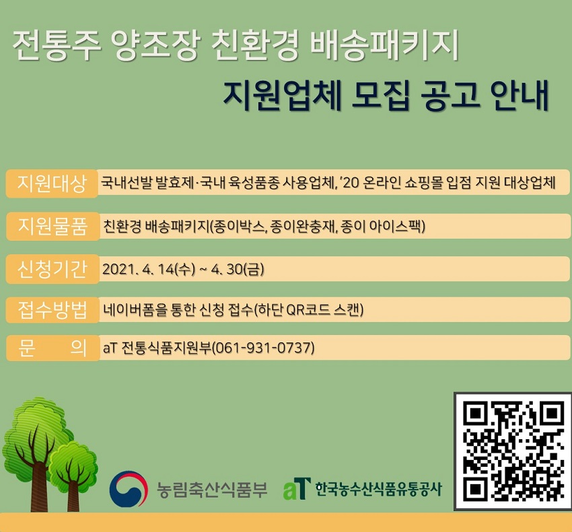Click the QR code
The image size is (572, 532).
[513, 451]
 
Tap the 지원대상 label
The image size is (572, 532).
[52, 183]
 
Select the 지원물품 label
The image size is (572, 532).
[52, 226]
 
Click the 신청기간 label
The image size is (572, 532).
[52, 269]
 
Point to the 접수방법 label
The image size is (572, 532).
[52, 310]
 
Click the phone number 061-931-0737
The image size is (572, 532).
[262, 348]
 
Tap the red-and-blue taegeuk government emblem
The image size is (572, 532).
[129, 489]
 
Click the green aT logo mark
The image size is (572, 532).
[297, 488]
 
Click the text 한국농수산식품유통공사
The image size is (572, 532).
[379, 489]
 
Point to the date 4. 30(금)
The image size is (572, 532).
[237, 269]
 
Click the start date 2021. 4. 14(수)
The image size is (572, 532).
[149, 269]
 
